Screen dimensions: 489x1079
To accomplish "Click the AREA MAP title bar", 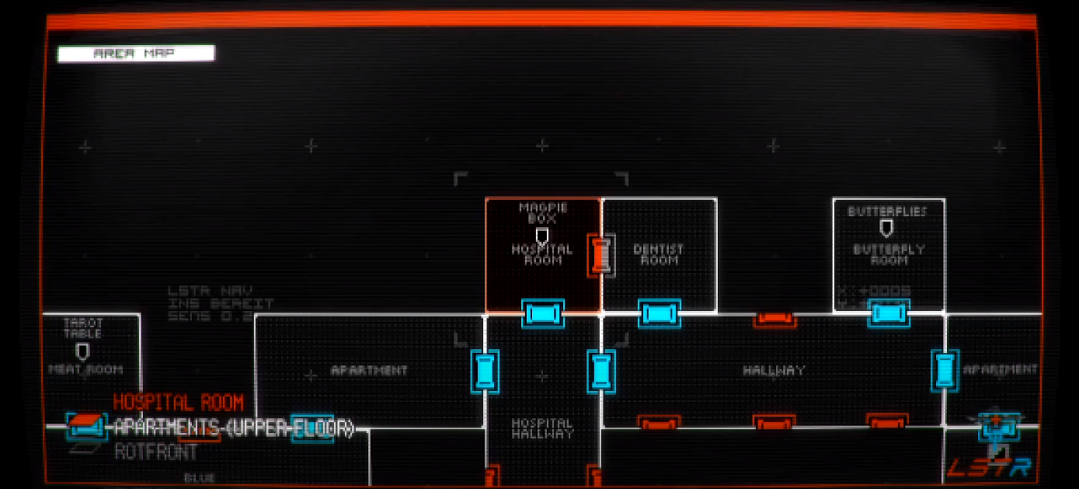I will (x=136, y=54).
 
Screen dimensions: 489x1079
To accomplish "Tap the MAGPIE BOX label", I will (x=543, y=213).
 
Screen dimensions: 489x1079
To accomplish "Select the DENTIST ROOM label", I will (x=658, y=254).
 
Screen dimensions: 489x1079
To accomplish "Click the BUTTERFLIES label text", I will (x=888, y=211).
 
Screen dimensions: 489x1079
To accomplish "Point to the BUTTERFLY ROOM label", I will (x=889, y=255).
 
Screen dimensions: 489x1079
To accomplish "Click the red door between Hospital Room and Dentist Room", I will (x=600, y=255).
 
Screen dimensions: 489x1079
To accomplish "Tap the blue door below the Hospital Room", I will (x=542, y=313).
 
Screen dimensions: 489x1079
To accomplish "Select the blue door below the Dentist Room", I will (x=659, y=313).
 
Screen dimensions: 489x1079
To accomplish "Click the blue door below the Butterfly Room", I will (x=889, y=313).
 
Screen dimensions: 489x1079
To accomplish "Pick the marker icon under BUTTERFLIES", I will (x=886, y=229).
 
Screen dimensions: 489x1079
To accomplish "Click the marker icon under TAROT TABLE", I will (x=83, y=352).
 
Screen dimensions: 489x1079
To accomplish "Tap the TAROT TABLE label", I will (x=83, y=328).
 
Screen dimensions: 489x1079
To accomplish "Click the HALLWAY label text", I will (x=774, y=371).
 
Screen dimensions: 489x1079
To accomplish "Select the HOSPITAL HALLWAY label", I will (x=542, y=428).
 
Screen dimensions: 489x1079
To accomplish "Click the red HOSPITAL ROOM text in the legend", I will (x=179, y=403).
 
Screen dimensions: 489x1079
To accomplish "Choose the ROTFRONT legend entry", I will (x=156, y=451).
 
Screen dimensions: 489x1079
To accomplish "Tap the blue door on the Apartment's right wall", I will (x=485, y=370).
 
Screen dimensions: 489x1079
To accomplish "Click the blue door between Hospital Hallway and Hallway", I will (x=600, y=370).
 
